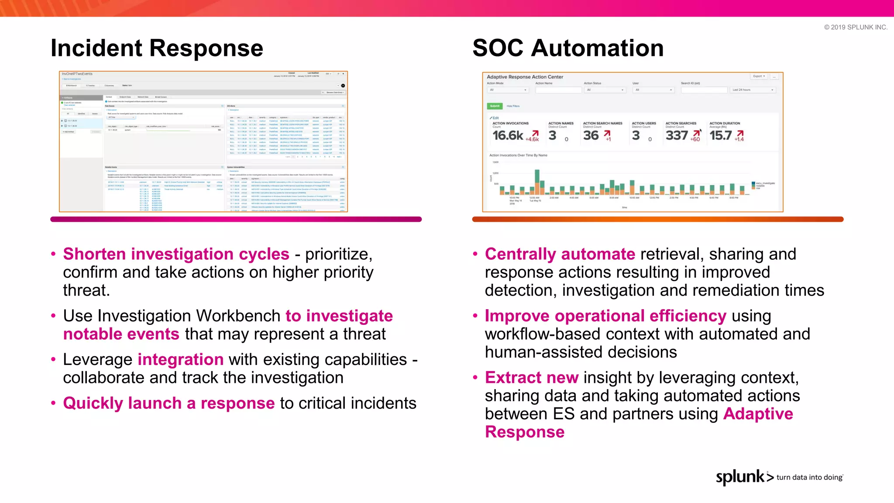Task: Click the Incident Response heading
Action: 157,48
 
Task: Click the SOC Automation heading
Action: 567,48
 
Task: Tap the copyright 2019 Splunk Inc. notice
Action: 855,27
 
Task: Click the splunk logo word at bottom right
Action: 740,477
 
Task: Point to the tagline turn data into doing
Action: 809,477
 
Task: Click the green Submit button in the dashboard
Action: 495,106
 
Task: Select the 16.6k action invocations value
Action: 508,135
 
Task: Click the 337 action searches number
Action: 676,135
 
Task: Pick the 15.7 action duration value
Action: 720,135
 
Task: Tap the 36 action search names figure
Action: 591,135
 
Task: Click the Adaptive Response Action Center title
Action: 525,77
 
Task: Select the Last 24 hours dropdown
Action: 753,90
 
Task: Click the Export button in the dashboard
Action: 759,76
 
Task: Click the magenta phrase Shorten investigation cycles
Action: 176,254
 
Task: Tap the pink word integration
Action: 180,360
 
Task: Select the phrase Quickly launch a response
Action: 168,403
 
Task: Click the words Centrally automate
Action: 560,254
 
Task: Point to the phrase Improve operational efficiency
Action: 605,316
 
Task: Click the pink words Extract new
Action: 531,378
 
